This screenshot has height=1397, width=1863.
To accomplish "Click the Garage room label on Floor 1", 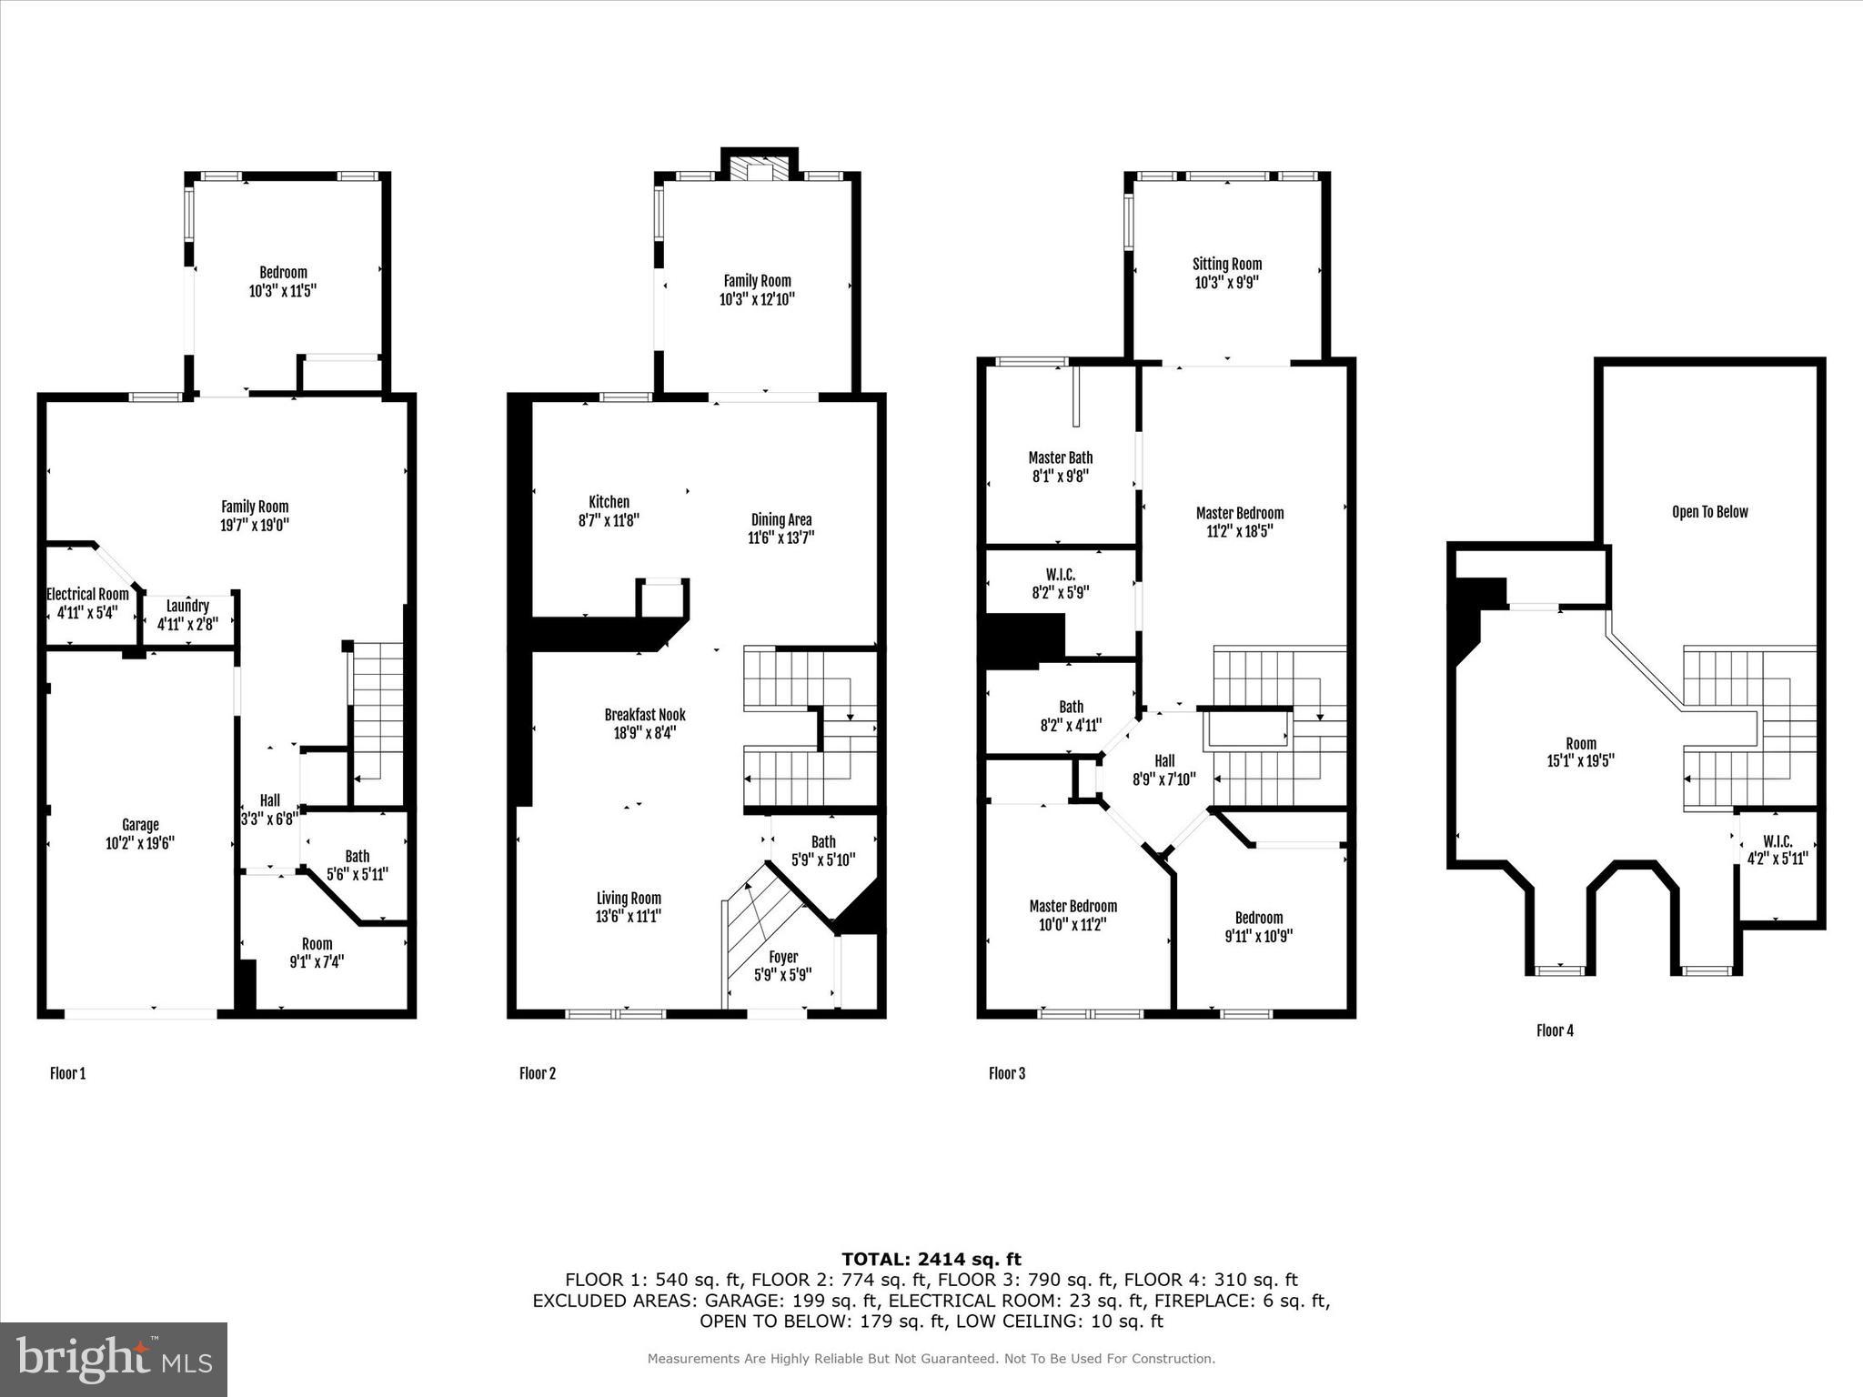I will coord(140,825).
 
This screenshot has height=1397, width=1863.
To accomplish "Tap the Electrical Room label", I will coord(87,594).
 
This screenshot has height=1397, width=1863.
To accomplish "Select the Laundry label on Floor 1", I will coord(188,606).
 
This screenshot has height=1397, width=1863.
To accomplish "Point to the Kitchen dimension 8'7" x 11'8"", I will coord(609,521).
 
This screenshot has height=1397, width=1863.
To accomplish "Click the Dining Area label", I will coord(780,519).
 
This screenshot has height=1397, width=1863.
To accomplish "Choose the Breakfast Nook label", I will coord(644,715).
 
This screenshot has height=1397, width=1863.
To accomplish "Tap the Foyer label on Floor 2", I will coord(782,957).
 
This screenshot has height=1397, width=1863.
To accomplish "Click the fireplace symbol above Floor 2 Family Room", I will coord(759,171).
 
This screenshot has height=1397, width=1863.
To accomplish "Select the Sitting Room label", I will coord(1226,264).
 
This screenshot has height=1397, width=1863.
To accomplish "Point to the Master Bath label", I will coord(1060,457).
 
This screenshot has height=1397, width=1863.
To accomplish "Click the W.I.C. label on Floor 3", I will coord(1060,575).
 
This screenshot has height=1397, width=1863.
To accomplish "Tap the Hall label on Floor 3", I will coord(1164,761).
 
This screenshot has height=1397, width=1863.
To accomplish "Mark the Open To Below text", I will coord(1709,512).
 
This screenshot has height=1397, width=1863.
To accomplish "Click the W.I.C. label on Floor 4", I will coord(1777,841).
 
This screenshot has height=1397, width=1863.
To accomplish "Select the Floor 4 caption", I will coord(1555,1030).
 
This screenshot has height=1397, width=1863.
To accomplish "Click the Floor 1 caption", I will coord(67,1073).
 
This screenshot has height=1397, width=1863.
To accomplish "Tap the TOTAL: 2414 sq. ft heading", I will coord(931,1260).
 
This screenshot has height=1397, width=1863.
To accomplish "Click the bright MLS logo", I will coord(114,1360).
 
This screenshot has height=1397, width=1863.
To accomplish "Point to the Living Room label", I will coord(628,898).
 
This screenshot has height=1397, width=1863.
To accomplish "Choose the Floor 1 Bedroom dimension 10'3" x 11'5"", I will coord(283,291).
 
